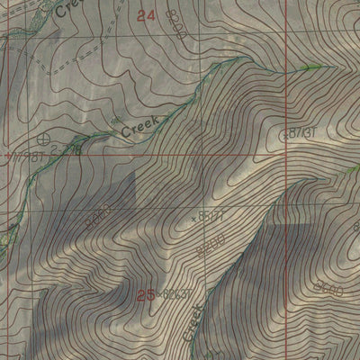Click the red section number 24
[x=148, y=15]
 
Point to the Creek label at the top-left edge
[x=68, y=9]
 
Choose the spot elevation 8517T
[x=211, y=215]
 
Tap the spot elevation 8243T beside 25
[x=177, y=293]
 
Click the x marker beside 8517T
[x=194, y=217]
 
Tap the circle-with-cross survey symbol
[x=46, y=139]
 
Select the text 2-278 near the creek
[x=69, y=153]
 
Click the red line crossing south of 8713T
[x=289, y=155]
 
